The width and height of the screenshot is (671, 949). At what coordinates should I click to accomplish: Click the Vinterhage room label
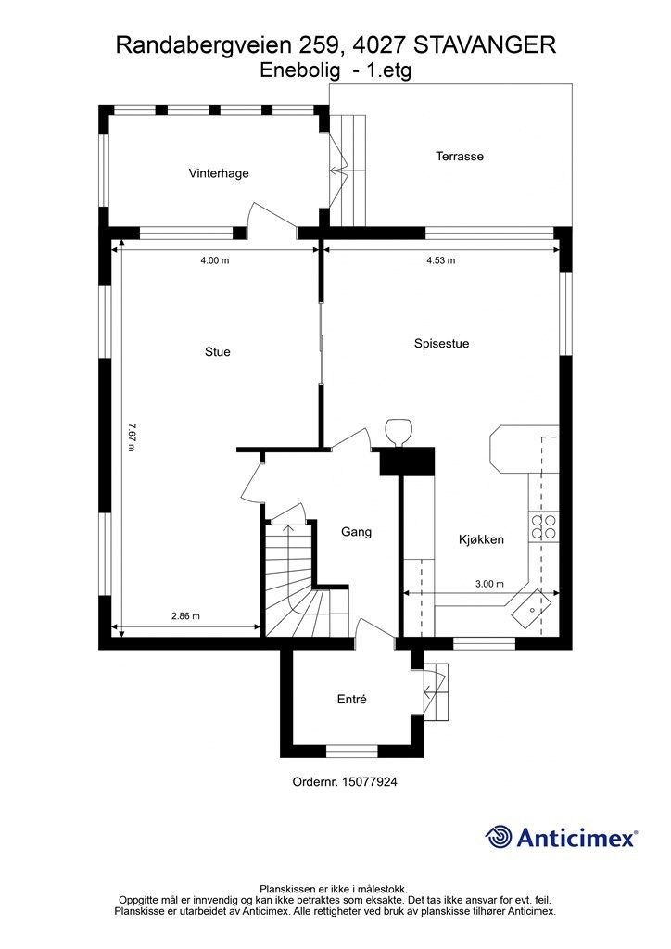[219, 173]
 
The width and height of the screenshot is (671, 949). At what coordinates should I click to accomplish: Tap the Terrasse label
[460, 156]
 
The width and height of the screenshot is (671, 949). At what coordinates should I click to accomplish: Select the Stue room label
[218, 351]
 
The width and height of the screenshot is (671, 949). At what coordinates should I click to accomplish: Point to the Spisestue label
[442, 344]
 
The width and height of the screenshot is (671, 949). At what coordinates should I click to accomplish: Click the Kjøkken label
[482, 540]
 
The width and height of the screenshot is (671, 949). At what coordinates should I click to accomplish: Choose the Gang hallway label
[357, 532]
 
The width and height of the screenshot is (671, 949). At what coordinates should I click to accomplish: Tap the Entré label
[352, 699]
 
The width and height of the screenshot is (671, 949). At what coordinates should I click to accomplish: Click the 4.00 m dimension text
[215, 260]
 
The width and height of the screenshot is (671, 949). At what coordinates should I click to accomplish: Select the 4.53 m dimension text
[441, 260]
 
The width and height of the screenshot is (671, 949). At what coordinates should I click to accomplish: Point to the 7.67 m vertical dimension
[132, 437]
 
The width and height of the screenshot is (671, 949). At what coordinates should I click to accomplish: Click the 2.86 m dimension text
[185, 616]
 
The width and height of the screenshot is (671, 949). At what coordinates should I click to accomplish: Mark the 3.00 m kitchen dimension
[489, 584]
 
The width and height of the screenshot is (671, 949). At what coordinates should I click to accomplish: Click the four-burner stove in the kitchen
[543, 526]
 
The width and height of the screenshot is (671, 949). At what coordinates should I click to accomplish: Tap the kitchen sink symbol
[531, 608]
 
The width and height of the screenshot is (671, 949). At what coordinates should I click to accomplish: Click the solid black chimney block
[407, 462]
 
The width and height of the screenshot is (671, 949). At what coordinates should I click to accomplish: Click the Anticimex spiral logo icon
[499, 838]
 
